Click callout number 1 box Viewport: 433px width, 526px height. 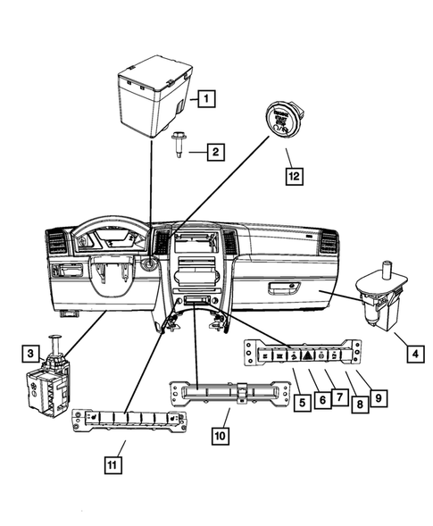pos(205,100)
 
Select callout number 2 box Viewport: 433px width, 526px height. pos(215,153)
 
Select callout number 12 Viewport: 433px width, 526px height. pos(290,177)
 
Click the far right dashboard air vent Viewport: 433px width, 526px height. pos(327,242)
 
